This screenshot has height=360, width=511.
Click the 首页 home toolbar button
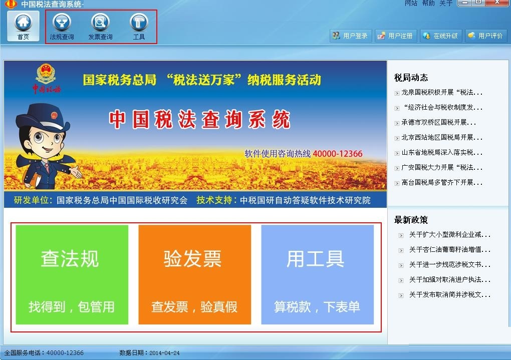(23, 27)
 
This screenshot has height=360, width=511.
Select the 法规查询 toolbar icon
(62, 27)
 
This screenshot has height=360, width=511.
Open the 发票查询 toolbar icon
(100, 27)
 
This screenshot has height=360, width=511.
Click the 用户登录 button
(350, 36)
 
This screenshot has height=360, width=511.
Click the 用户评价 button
(486, 36)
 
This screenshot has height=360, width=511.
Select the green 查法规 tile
(72, 275)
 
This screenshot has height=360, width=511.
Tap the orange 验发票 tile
(194, 275)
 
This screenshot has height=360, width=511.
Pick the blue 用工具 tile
(318, 275)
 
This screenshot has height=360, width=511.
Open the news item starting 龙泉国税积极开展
(441, 93)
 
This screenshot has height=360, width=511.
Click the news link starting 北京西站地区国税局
(441, 138)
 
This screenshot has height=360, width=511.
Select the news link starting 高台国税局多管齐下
(441, 182)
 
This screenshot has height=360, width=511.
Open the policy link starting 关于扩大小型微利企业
(450, 234)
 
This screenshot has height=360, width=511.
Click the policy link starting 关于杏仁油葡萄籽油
(450, 249)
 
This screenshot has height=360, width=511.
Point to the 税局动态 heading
(411, 78)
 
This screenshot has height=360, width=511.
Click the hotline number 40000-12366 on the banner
(337, 153)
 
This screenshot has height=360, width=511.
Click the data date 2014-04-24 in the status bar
(164, 353)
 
